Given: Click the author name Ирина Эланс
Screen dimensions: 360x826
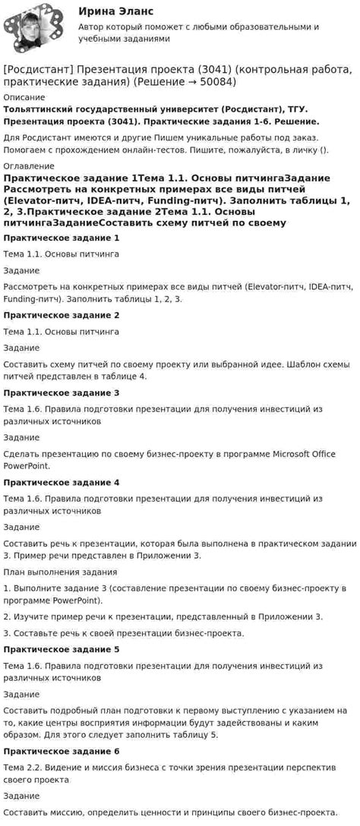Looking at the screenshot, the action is click(x=115, y=11).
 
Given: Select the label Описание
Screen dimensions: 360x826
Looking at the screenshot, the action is click(x=24, y=97).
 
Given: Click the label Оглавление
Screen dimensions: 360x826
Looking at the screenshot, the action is click(x=29, y=166).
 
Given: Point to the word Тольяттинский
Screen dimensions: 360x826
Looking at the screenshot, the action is click(x=42, y=110).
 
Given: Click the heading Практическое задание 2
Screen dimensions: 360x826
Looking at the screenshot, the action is click(x=62, y=315).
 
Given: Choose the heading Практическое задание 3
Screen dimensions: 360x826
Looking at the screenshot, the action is click(x=62, y=393).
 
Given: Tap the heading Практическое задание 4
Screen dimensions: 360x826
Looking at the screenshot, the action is click(x=62, y=482).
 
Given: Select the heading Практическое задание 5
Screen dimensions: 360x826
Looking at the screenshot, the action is click(x=62, y=649).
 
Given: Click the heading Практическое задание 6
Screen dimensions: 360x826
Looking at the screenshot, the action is click(x=62, y=751).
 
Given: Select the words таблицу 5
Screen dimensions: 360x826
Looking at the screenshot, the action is click(x=192, y=734).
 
